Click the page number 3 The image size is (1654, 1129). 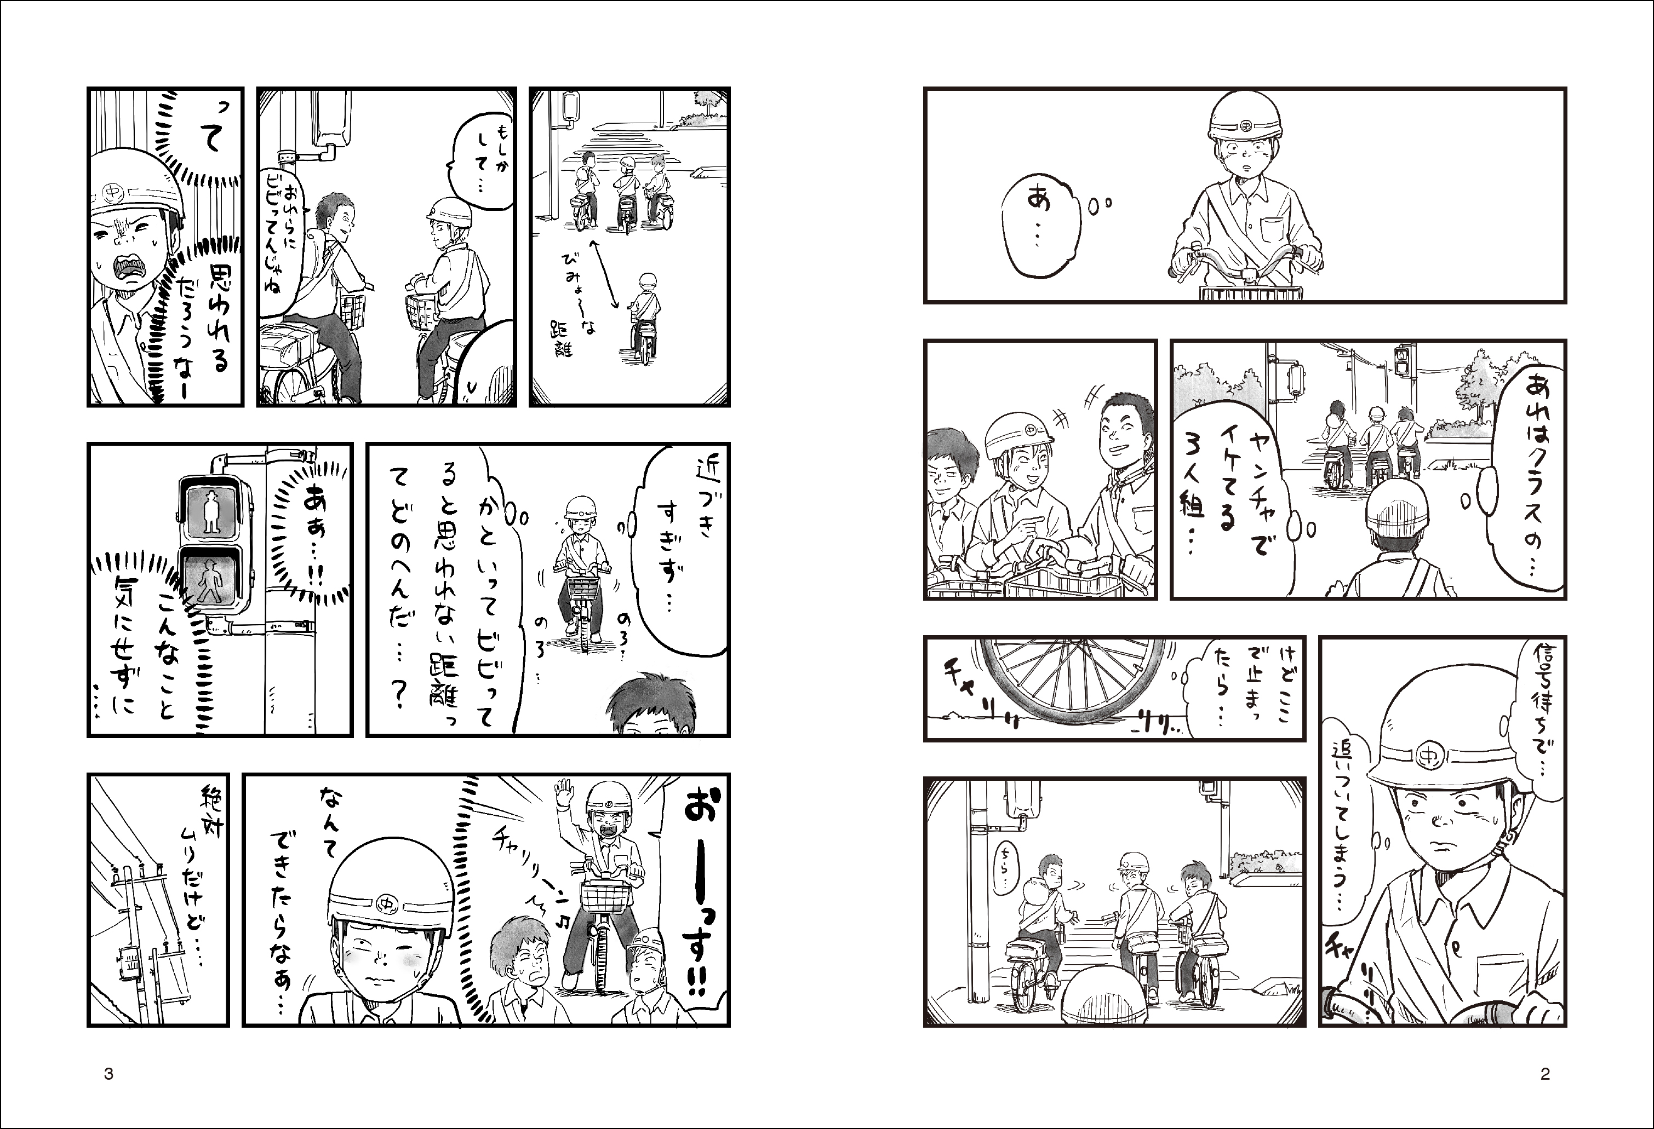tap(109, 1074)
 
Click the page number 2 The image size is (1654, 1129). tap(1545, 1074)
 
